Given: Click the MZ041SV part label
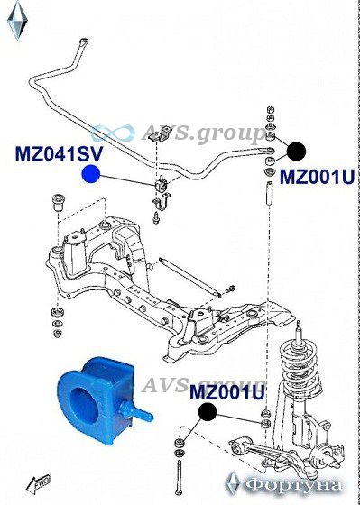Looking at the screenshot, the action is pos(59,154).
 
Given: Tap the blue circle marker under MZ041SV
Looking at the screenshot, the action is pos(91,174).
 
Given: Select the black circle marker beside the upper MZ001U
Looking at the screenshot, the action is pos(296,151).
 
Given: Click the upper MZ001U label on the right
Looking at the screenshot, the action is pos(317,177).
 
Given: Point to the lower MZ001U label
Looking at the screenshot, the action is pos(227,392).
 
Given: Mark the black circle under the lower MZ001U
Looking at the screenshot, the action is pos(208,412).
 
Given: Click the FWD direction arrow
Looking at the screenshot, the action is pos(38,483).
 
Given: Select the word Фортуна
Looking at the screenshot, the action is pos(292,485).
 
